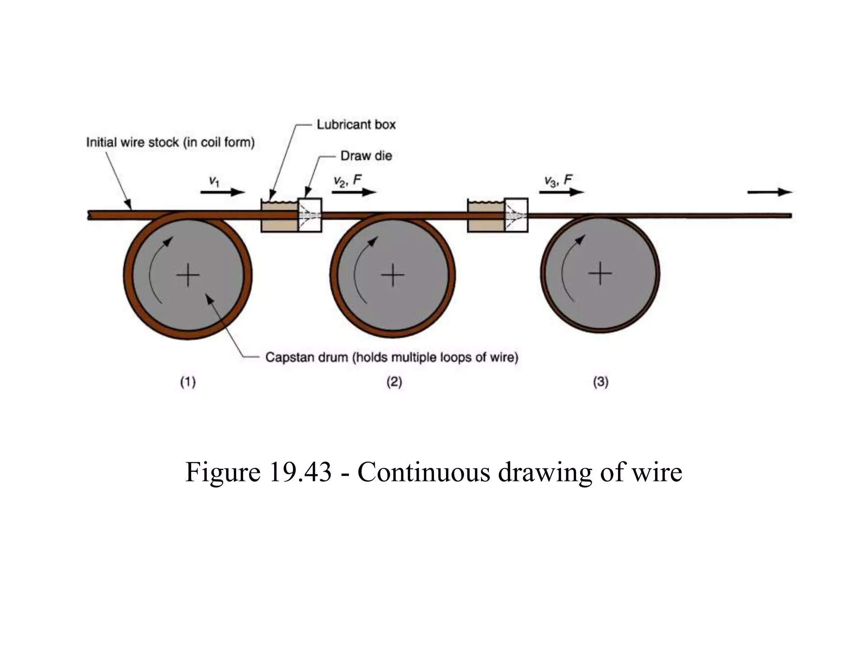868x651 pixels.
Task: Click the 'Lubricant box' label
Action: click(356, 125)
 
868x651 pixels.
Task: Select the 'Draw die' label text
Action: click(366, 156)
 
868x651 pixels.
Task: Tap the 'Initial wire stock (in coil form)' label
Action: click(170, 142)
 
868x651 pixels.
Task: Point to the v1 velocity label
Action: click(214, 181)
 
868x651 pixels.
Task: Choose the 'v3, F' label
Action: click(558, 181)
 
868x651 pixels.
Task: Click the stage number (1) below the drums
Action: click(188, 382)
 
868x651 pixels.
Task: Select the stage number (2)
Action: click(394, 382)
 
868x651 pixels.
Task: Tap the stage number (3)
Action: click(601, 382)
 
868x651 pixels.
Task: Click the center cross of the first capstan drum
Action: click(188, 275)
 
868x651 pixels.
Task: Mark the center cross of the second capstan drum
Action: click(393, 275)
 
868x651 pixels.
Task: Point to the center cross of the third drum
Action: click(600, 273)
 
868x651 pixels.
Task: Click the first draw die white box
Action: click(310, 215)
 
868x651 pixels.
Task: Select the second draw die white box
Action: click(516, 215)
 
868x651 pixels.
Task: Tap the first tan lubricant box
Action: click(280, 217)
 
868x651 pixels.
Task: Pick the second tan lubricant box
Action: click(486, 217)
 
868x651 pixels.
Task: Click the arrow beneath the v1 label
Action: click(223, 192)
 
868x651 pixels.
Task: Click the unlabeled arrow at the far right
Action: click(770, 192)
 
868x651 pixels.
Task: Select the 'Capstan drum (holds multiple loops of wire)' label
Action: click(392, 358)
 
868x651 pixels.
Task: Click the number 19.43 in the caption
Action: click(300, 472)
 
